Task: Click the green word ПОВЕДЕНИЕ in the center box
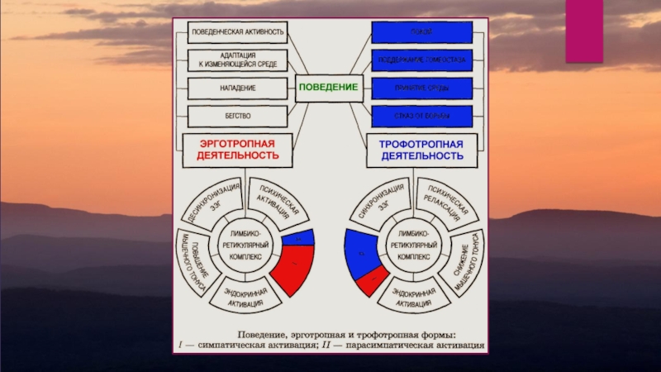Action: click(x=327, y=87)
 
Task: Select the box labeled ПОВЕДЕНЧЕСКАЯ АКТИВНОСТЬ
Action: click(x=238, y=33)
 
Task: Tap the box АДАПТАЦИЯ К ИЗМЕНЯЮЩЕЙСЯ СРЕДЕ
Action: click(x=238, y=59)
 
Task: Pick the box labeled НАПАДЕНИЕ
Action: click(x=238, y=87)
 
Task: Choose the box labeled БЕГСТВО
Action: click(x=238, y=114)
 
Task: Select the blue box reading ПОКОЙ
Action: click(x=421, y=32)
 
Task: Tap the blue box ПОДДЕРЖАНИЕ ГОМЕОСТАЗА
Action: click(x=421, y=60)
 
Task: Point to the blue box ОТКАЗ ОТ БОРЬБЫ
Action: click(x=421, y=114)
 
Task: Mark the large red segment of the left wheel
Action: click(x=294, y=267)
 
